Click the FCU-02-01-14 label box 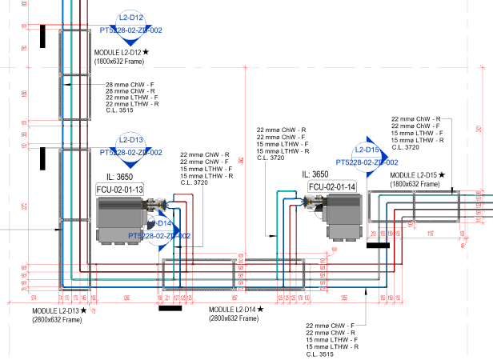[332, 187]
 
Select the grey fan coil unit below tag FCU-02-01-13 [119, 221]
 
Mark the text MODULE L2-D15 [413, 174]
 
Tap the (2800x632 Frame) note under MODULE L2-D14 [234, 319]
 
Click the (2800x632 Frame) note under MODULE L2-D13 [57, 320]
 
